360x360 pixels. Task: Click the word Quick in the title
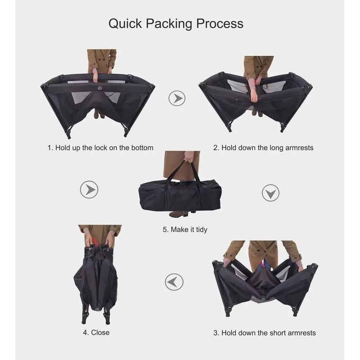coord(125,23)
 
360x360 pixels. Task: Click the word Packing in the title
coord(169,24)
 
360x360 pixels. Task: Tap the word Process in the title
coord(220,23)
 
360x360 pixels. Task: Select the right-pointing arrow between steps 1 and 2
coord(177,98)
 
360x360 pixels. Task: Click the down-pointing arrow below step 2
coord(270,193)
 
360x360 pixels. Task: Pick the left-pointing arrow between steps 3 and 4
coord(174,282)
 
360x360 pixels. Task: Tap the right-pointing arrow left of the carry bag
coord(89,189)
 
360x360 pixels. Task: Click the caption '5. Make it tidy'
coord(185,229)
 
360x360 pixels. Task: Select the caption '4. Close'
coord(96,333)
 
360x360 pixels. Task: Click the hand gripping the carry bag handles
coord(189,157)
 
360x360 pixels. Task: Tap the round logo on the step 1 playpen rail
coord(99,88)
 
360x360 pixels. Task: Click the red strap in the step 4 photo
coord(94,242)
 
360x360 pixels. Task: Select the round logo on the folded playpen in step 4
coord(98,309)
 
